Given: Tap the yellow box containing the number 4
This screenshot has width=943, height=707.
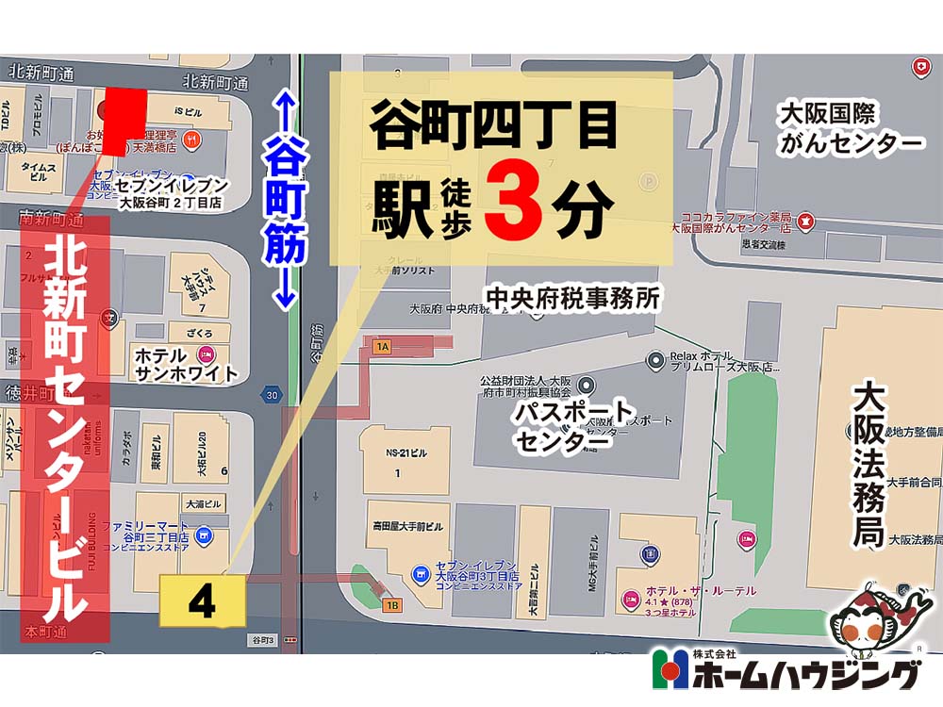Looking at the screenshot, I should (x=203, y=601).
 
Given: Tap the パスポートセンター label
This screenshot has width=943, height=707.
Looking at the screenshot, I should (x=574, y=427).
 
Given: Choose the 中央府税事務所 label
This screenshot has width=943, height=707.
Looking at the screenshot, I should (x=572, y=299).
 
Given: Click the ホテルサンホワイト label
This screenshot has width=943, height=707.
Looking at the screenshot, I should (x=187, y=364).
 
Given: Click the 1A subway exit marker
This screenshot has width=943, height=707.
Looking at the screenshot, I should (x=382, y=347).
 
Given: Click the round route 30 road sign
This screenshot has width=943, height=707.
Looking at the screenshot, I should (x=272, y=395).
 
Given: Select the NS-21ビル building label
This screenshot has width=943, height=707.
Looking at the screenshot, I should (x=406, y=453).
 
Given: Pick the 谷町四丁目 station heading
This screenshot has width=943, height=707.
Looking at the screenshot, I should (x=493, y=127).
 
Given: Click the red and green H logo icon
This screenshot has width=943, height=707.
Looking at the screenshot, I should (x=671, y=673).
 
